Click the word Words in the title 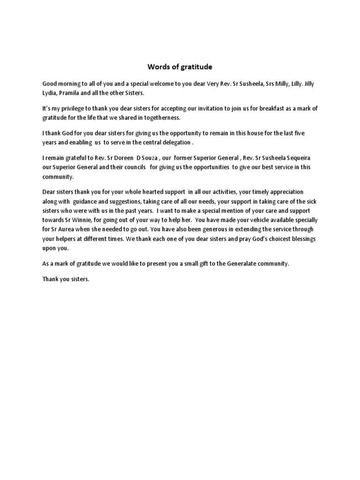coord(157,67)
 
